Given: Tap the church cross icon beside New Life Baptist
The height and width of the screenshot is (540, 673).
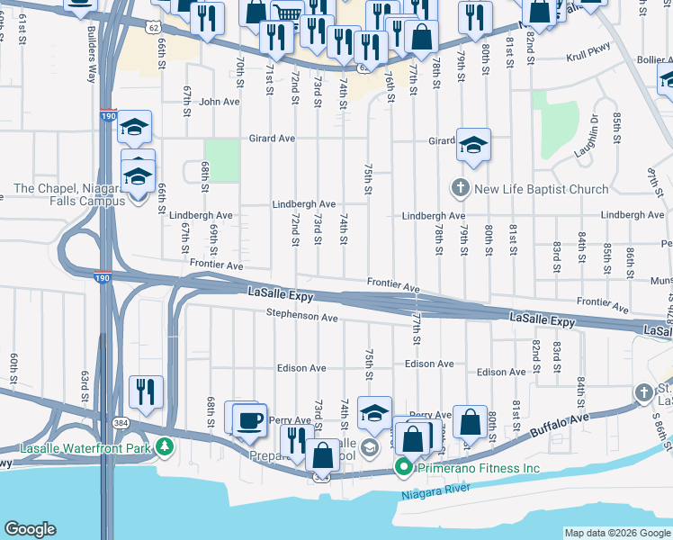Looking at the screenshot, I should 460,189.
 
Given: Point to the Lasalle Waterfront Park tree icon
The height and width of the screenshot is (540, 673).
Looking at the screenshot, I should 164,446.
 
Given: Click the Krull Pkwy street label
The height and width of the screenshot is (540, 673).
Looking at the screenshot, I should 588,57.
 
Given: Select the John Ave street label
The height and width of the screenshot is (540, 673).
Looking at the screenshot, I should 220,102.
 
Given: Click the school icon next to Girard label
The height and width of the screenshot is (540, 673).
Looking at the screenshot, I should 473,144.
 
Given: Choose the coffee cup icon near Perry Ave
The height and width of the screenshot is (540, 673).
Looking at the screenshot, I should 249,419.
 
